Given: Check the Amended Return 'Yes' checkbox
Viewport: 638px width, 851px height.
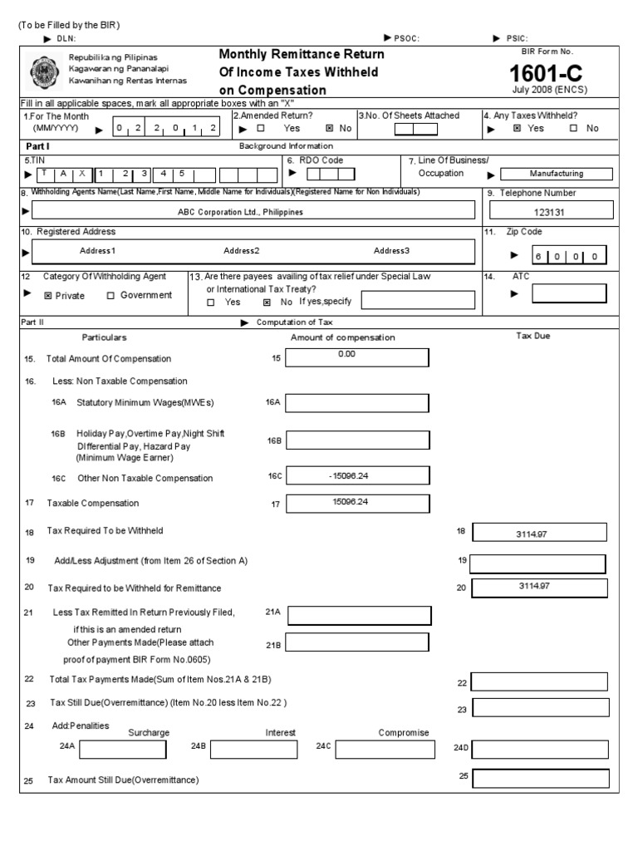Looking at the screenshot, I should pos(261,129).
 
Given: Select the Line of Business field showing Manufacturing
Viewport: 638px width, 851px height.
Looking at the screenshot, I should pos(557,174).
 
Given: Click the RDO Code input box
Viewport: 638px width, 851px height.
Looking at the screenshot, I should pos(330,173).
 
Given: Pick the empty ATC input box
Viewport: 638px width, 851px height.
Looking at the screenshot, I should pos(569,293).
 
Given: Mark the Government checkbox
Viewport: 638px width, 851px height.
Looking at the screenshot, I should pos(110,295).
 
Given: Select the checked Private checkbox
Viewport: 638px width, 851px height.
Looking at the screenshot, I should pos(48,296).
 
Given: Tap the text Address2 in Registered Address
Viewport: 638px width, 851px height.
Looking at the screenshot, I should pos(242,250).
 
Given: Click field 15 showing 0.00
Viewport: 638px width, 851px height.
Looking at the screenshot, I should pos(357,357).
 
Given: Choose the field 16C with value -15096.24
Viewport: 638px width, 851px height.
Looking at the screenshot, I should pos(357,476).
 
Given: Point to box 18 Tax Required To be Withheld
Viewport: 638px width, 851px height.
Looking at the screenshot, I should pos(537,532).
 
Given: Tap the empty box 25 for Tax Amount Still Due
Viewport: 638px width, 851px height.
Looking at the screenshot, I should pos(540,779).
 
